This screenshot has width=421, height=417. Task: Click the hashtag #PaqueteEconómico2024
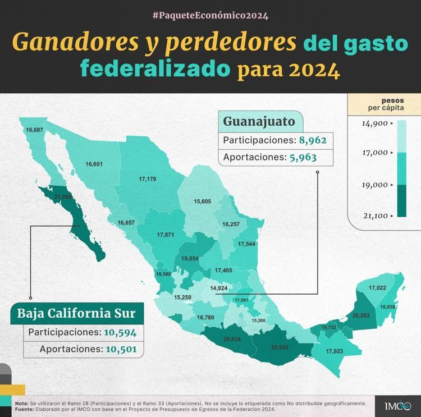210,15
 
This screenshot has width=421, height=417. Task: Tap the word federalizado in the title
155,70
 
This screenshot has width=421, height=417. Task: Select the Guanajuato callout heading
259,121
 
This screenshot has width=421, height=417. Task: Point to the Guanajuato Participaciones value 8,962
308,140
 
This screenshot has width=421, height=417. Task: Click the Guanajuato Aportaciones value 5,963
303,158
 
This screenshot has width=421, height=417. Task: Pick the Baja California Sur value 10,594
120,332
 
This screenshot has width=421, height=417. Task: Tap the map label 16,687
34,130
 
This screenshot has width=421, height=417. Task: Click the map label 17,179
147,179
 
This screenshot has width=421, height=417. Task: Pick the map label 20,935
280,347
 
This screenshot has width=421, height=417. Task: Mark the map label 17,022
377,288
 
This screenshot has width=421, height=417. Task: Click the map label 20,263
361,315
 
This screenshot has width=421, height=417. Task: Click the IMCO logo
398,405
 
